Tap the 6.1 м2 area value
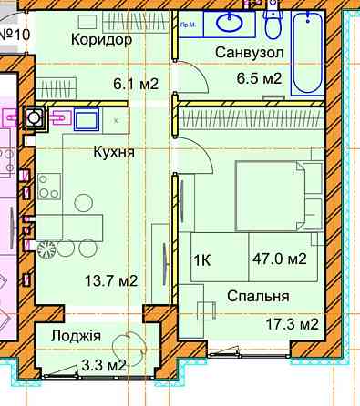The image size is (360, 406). pos(136,85)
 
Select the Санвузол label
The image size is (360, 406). pos(250,53)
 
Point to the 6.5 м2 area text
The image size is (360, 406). pos(259,79)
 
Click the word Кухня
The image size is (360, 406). pos(114,152)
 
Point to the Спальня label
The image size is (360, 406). pos(260,296)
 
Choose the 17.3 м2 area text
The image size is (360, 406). pos(290,323)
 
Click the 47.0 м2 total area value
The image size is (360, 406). pos(278,259)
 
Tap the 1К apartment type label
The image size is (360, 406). pos(202,259)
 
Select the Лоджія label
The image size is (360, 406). pos(77,336)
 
